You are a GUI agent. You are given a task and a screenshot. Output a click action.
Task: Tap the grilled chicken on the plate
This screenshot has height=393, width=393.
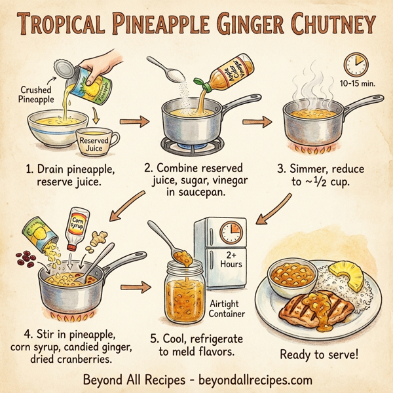coord(307,309)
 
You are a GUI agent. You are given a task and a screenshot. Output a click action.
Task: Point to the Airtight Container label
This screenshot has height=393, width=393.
coord(227,309)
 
